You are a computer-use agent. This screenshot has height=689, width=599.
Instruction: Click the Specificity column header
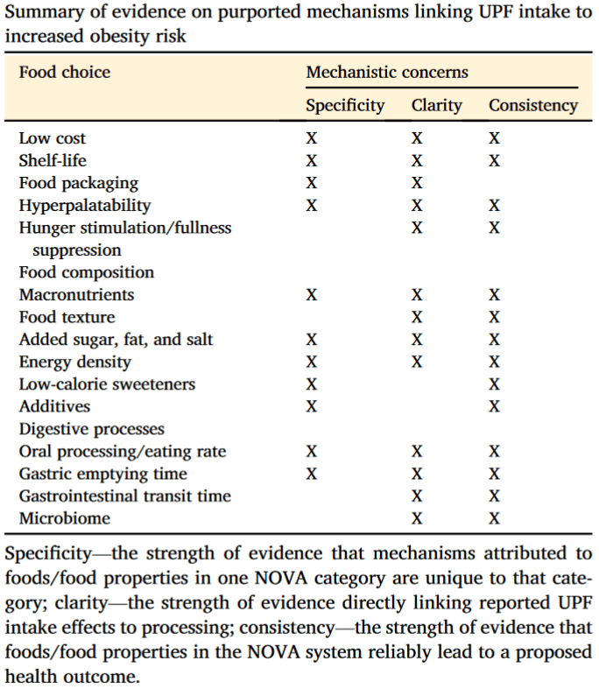pos(345,105)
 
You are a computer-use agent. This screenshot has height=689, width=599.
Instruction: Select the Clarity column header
pos(436,105)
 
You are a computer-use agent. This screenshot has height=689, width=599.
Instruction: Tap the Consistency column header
pos(533,105)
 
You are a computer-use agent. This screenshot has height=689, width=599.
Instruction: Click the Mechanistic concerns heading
pos(387,72)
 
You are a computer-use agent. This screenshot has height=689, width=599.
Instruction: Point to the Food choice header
pos(65,72)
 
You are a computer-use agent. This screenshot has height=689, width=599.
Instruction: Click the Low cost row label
pos(53,138)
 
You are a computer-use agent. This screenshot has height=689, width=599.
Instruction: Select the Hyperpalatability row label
pos(85,206)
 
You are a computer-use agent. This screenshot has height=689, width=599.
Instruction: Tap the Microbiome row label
pos(65,518)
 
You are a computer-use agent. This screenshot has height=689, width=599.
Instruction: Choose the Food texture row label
pos(67,317)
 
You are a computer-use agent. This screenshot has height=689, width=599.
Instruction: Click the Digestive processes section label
pos(91,429)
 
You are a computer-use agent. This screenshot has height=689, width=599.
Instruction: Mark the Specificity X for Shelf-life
pos(312,161)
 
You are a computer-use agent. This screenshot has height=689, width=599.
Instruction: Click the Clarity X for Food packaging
pos(417,183)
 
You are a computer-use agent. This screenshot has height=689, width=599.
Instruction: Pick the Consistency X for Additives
pos(495,406)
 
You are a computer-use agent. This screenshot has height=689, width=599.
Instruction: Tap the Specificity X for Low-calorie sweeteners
pos(312,384)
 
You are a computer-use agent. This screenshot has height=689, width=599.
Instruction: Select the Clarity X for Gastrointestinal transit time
pos(417,496)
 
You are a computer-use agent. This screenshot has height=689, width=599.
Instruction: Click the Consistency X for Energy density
pos(495,362)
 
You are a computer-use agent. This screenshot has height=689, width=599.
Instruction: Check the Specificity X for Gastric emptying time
pos(312,474)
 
